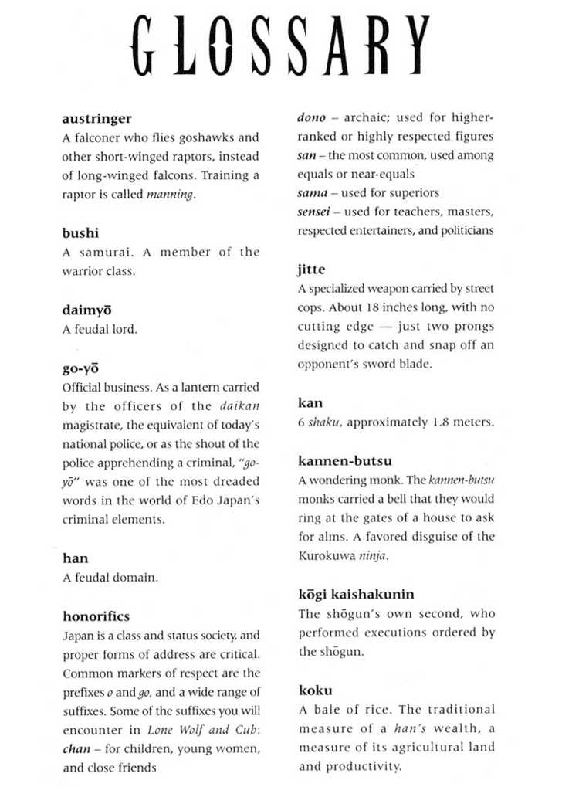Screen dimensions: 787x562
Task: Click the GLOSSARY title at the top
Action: [x=281, y=48]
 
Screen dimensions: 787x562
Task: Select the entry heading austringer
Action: [x=96, y=119]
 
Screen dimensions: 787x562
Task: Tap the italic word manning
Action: [x=170, y=195]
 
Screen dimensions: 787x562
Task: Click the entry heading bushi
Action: [x=80, y=232]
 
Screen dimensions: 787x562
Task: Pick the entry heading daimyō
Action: [x=86, y=310]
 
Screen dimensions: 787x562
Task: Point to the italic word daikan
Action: [x=239, y=405]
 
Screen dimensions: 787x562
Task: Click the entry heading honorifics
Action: [x=96, y=616]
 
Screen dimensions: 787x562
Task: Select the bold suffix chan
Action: [x=76, y=749]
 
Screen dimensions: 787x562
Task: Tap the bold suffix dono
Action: [x=311, y=118]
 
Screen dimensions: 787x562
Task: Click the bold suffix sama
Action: [x=313, y=193]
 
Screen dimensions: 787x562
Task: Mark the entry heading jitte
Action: [x=311, y=270]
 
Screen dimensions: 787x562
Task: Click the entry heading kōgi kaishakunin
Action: [x=356, y=594]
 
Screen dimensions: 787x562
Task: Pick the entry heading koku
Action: [x=315, y=690]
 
